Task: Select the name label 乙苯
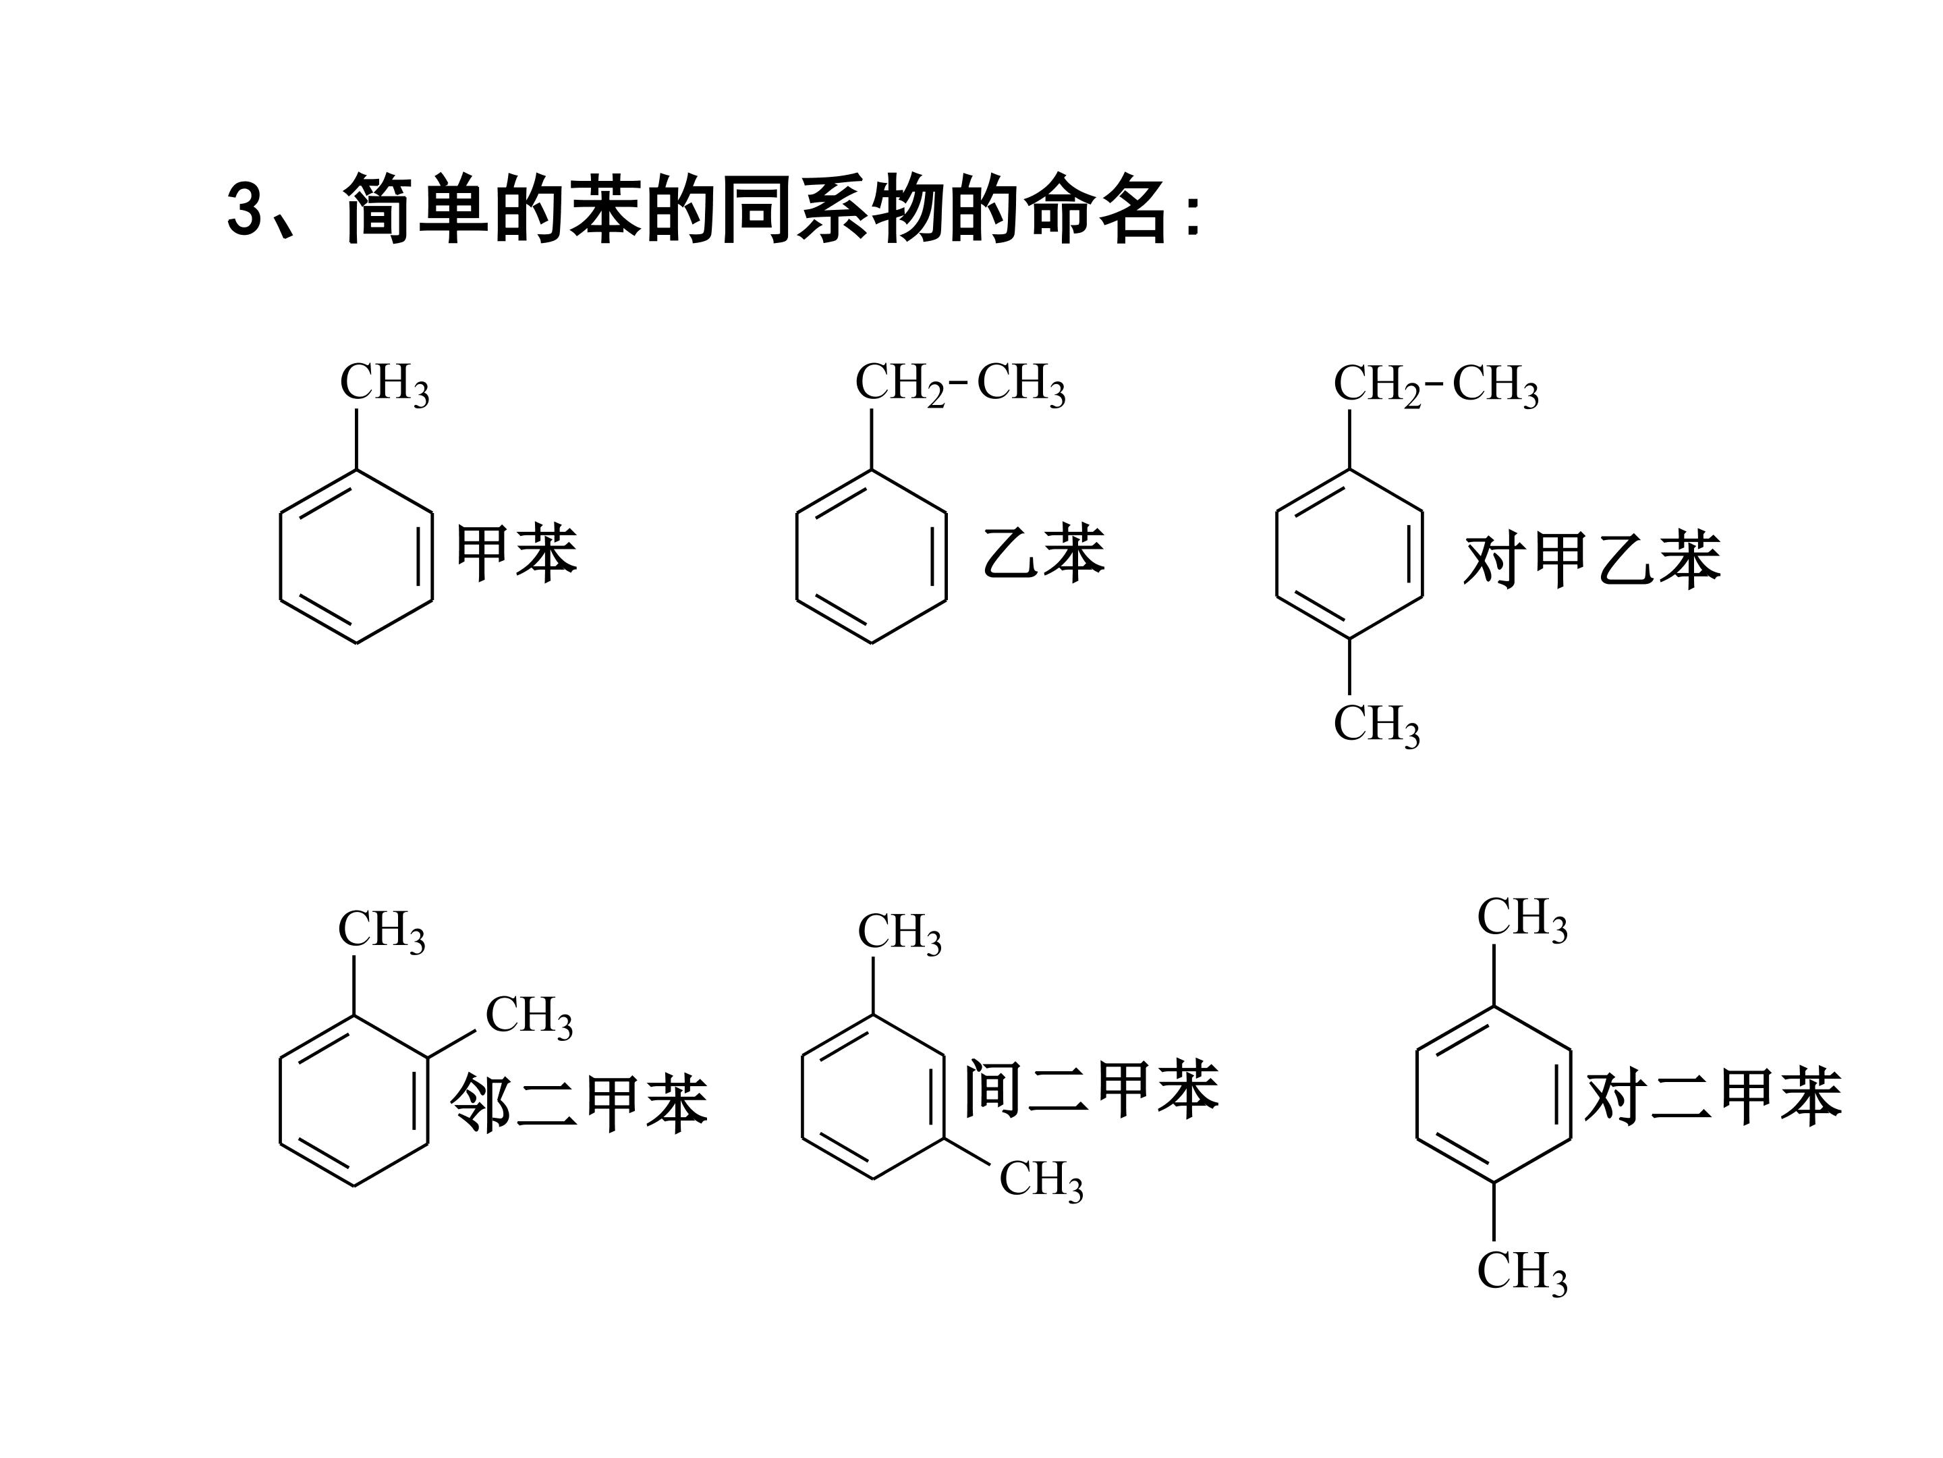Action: [x=1044, y=552]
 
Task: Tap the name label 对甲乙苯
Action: [x=1592, y=559]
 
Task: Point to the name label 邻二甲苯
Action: [x=579, y=1103]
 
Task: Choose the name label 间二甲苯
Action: [x=1092, y=1088]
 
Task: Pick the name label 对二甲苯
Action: [x=1713, y=1096]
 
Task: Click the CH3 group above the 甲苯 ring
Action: [x=385, y=384]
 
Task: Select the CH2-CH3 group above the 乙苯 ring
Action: [x=960, y=384]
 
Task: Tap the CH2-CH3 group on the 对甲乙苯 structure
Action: [x=1436, y=385]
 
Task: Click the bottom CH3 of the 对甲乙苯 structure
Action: [x=1376, y=725]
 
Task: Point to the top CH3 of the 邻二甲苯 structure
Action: [x=382, y=931]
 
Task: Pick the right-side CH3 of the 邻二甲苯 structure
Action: [x=529, y=1017]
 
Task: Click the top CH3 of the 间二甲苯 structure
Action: [x=899, y=934]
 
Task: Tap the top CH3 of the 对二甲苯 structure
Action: [x=1522, y=919]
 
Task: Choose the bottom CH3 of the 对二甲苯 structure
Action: [x=1522, y=1272]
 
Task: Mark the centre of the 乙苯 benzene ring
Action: [x=872, y=556]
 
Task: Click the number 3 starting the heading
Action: [x=244, y=209]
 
